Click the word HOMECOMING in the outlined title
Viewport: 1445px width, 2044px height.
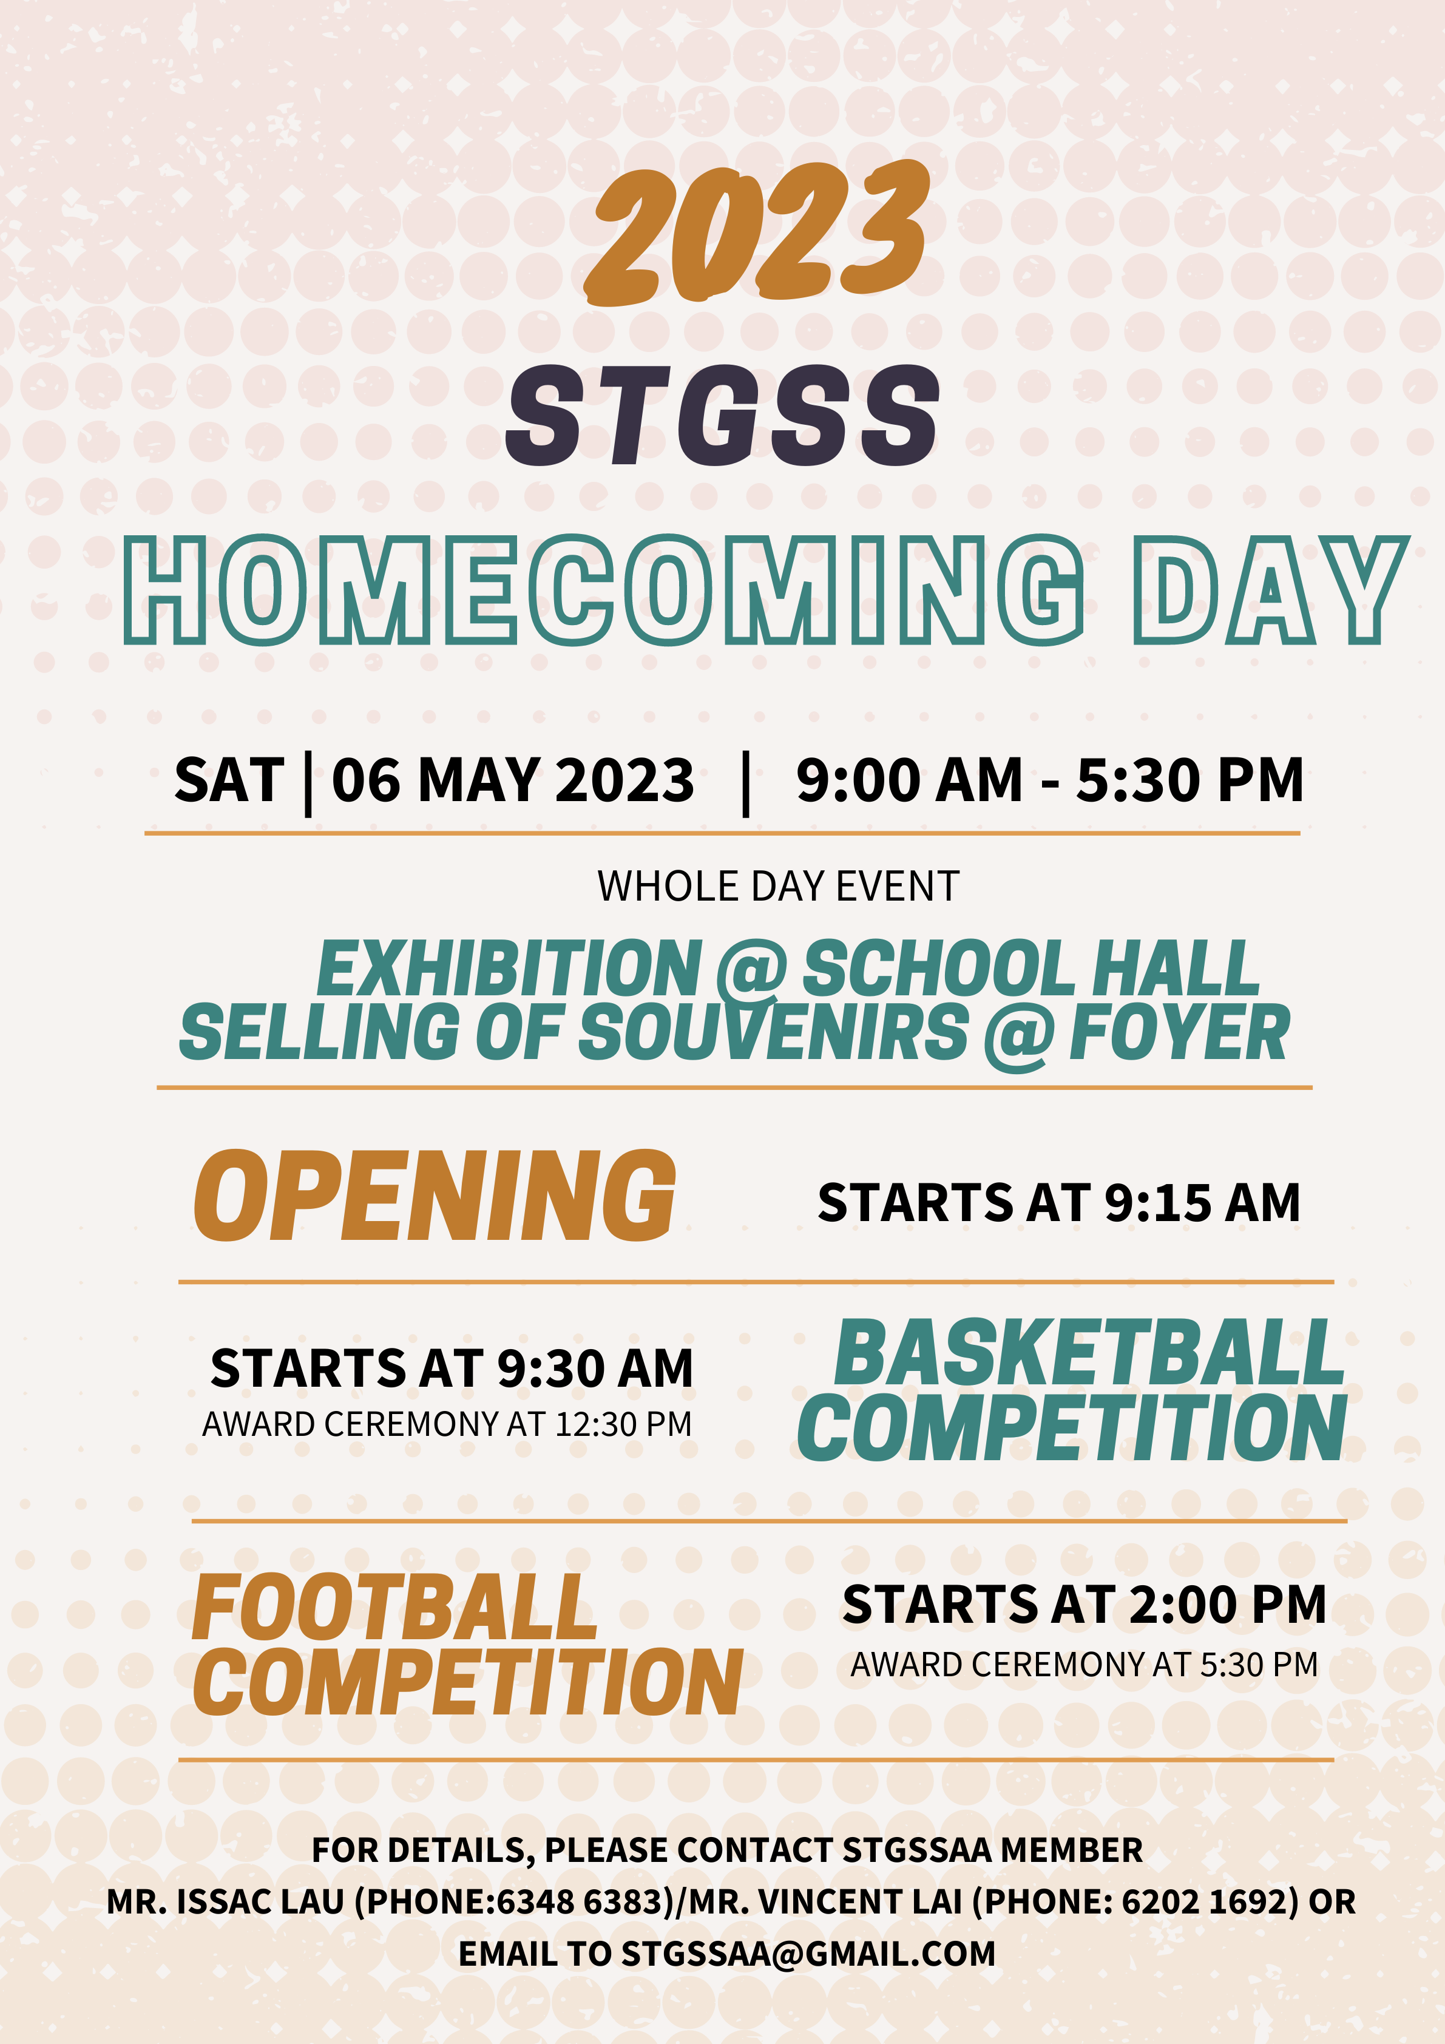(604, 591)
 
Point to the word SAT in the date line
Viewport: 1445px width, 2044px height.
(229, 780)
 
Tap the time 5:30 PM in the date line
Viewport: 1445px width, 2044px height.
(1190, 780)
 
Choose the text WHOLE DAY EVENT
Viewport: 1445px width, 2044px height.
(778, 887)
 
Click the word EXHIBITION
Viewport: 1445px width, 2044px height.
(510, 969)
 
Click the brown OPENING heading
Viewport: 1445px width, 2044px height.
(435, 1195)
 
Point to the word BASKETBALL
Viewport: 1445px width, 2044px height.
(1089, 1353)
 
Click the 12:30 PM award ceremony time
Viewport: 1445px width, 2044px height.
(623, 1424)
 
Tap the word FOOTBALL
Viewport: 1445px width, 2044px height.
(394, 1607)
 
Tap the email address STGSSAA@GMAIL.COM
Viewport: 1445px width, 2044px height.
(808, 1954)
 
